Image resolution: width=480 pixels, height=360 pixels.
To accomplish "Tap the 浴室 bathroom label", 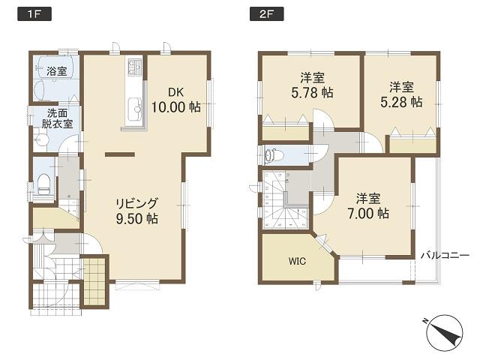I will [57, 72].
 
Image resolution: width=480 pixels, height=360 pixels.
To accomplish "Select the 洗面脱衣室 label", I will [56, 118].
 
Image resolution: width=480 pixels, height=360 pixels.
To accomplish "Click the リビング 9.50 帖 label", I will [136, 211].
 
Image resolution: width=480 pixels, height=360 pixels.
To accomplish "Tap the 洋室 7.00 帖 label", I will [371, 206].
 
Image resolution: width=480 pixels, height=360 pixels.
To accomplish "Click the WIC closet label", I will [298, 262].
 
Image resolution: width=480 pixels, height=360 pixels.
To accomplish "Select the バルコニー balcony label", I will [445, 255].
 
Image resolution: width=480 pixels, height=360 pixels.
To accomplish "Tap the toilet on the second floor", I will [274, 155].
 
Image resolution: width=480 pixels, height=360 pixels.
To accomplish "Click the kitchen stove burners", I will [134, 68].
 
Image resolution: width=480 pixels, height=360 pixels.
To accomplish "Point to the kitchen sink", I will [135, 106].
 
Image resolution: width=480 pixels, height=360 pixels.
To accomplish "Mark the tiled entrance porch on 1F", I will [94, 282].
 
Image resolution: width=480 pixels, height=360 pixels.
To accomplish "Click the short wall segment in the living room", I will [115, 154].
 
